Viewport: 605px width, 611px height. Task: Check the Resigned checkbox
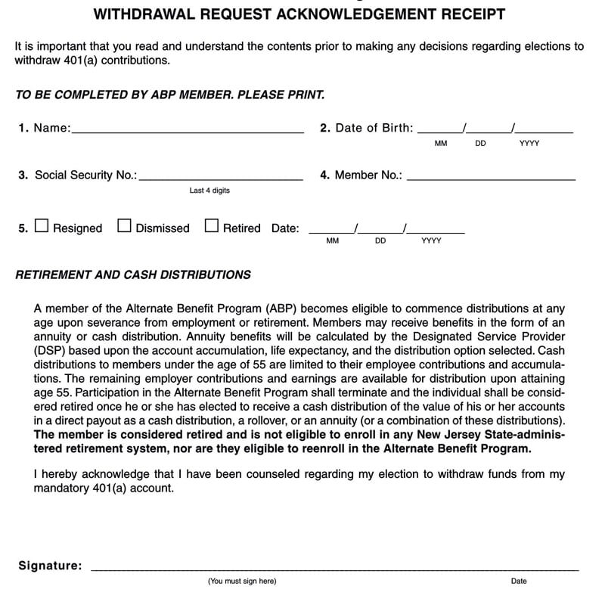(42, 226)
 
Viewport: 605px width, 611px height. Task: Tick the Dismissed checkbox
(125, 226)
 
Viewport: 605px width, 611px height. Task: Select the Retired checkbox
(212, 226)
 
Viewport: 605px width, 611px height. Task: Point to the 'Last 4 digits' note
(209, 191)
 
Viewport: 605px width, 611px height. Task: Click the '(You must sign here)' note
(242, 581)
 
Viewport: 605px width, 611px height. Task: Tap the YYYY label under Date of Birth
(529, 144)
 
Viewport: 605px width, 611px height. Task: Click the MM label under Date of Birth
(441, 144)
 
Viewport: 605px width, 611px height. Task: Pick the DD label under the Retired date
(380, 241)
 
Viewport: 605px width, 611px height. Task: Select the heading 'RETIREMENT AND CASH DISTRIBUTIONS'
(133, 275)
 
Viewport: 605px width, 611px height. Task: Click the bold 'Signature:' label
(50, 565)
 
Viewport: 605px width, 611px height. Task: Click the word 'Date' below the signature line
(519, 581)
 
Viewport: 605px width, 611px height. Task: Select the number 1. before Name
(23, 129)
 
